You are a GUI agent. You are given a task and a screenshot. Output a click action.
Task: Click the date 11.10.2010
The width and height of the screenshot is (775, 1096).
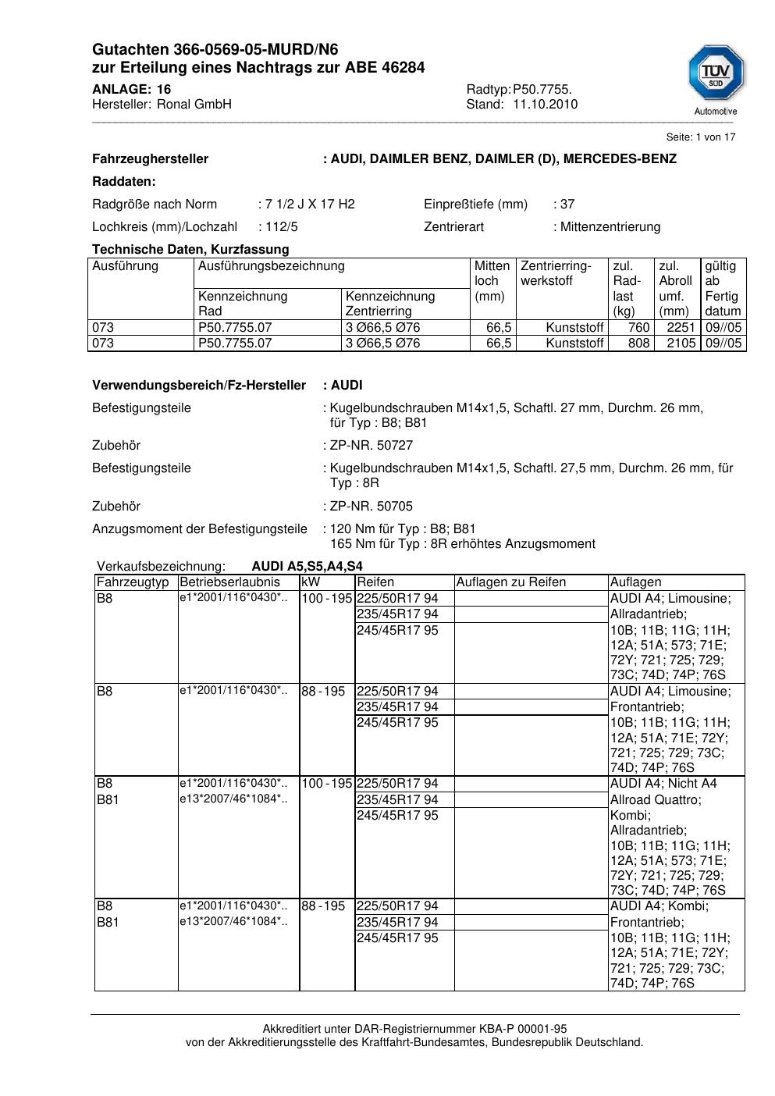(x=545, y=105)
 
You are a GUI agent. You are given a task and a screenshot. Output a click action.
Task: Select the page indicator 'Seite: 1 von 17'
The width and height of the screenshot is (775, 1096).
(x=700, y=137)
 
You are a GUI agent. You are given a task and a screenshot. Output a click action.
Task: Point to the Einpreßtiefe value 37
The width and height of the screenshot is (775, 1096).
(x=567, y=205)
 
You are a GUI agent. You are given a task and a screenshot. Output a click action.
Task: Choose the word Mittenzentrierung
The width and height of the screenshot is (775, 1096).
(x=610, y=227)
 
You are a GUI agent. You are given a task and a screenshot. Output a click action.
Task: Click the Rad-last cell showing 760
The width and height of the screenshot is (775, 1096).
(x=638, y=328)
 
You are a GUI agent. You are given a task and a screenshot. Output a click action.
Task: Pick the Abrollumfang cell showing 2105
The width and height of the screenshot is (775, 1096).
(x=681, y=343)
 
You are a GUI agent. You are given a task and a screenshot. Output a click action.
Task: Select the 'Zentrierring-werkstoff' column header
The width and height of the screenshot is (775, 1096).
(x=556, y=273)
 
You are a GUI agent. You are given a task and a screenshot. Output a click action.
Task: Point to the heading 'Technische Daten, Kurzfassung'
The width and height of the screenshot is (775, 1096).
(x=190, y=250)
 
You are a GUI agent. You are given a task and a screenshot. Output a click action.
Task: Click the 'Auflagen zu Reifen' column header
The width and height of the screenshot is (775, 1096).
(x=511, y=582)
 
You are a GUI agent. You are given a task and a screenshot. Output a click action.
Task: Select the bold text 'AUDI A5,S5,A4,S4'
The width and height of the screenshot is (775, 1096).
(x=307, y=567)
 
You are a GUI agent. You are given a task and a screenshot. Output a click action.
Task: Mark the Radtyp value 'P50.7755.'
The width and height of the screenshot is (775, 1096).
(x=542, y=90)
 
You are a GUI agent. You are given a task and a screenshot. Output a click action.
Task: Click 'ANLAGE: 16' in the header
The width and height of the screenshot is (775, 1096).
(x=131, y=90)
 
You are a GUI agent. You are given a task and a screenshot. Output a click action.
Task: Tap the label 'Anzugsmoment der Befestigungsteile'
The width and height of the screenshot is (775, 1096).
(x=200, y=529)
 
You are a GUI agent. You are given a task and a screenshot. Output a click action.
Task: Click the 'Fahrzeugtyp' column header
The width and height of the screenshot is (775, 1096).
(x=133, y=582)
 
